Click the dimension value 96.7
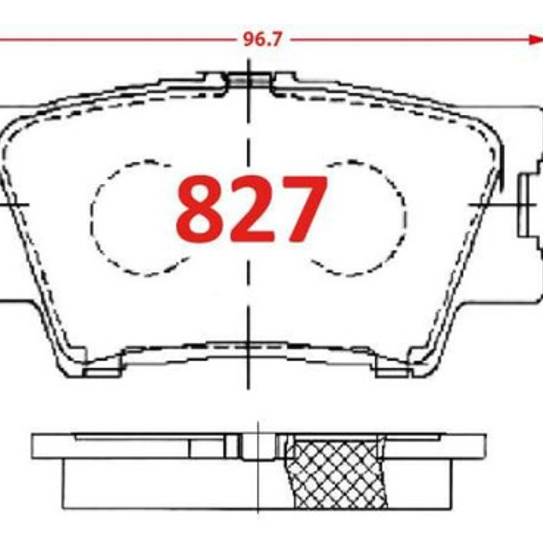pyautogui.click(x=262, y=40)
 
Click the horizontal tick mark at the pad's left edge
pyautogui.click(x=14, y=205)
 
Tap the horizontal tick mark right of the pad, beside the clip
pyautogui.click(x=495, y=205)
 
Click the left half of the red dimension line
pyautogui.click(x=119, y=40)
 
